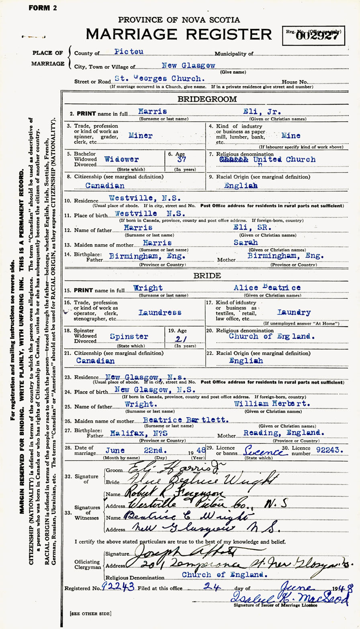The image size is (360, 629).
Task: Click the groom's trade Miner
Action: pyautogui.click(x=140, y=136)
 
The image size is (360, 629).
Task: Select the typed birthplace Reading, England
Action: pyautogui.click(x=284, y=432)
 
